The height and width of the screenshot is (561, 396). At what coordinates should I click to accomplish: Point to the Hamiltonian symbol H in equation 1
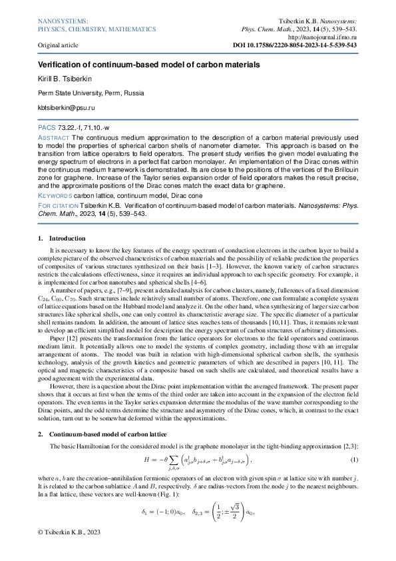pyautogui.click(x=147, y=460)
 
